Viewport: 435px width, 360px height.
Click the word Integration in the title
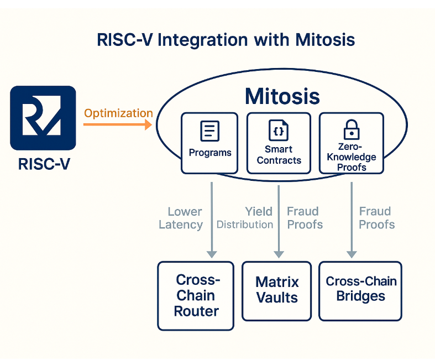click(x=202, y=40)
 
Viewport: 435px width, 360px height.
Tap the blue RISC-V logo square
click(x=43, y=118)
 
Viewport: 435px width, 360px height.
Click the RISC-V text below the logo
click(x=44, y=164)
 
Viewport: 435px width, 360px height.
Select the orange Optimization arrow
click(x=118, y=124)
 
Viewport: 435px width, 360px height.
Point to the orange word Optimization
click(x=118, y=113)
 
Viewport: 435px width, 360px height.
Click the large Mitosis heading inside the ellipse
click(x=282, y=96)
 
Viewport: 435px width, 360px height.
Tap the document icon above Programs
click(x=209, y=131)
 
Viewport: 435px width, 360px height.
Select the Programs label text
click(x=210, y=153)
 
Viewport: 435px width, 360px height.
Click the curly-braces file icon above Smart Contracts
click(x=279, y=130)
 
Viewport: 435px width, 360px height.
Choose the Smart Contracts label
click(x=279, y=155)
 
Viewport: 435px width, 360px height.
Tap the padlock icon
click(x=352, y=129)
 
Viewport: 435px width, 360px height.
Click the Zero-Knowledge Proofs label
click(x=352, y=157)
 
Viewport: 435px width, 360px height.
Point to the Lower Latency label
click(x=181, y=218)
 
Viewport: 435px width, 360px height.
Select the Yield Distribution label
click(x=245, y=218)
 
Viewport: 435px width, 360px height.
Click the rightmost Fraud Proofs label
click(x=376, y=218)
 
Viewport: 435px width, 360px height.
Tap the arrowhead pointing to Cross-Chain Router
click(x=212, y=254)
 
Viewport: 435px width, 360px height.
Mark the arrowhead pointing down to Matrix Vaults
click(x=279, y=254)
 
